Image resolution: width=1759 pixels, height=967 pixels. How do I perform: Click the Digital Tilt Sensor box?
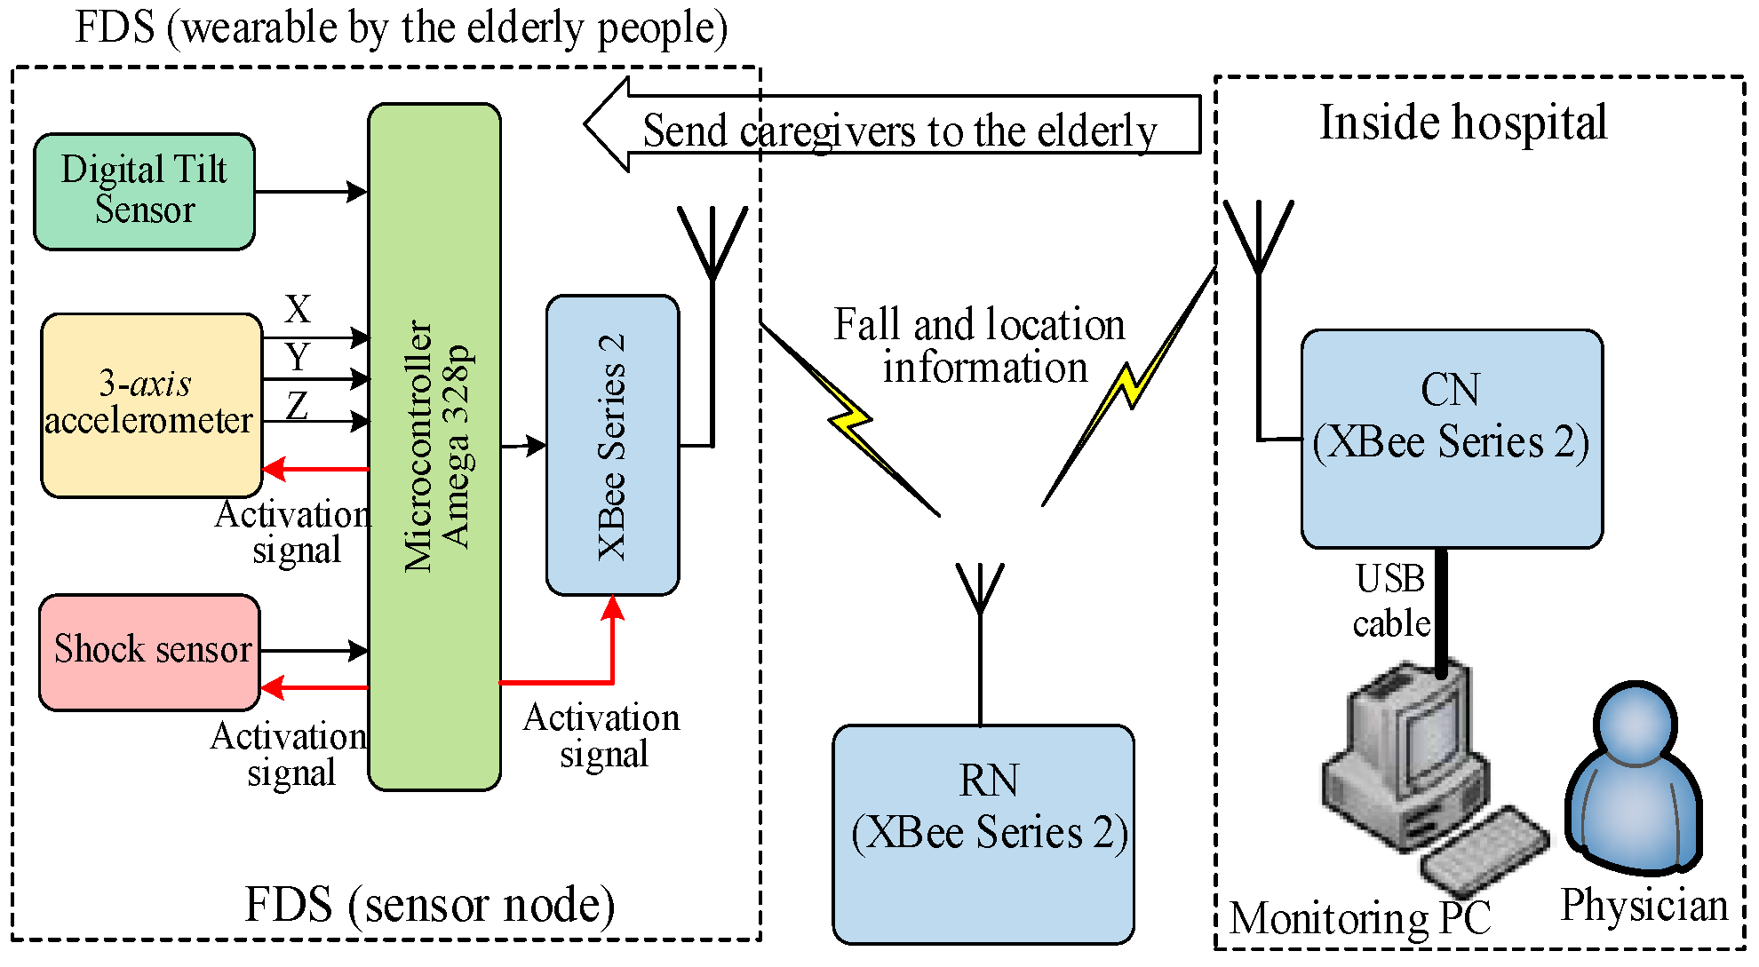coord(144,191)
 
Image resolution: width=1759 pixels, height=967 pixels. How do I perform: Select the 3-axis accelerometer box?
coord(151,404)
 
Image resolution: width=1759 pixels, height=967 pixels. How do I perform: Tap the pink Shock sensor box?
coord(149,652)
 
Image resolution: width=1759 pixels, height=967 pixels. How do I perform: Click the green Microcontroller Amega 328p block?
coord(434,446)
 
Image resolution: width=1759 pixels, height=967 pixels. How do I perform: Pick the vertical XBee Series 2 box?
coord(612,445)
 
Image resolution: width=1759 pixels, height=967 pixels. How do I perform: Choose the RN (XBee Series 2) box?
coord(983,833)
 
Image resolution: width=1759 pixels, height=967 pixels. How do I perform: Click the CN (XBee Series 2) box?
coord(1452,439)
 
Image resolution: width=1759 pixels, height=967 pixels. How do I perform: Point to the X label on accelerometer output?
coord(298,310)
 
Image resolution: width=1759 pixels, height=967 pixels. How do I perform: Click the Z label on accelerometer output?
coord(298,406)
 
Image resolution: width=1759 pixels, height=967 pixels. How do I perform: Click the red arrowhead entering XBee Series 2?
coord(612,608)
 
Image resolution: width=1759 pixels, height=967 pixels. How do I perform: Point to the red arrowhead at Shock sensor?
coord(272,687)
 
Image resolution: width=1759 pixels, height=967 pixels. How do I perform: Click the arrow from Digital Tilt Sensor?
coord(311,191)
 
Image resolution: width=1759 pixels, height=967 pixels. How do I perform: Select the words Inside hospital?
coord(1462,123)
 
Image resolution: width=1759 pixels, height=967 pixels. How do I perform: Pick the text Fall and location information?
coord(981,345)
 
